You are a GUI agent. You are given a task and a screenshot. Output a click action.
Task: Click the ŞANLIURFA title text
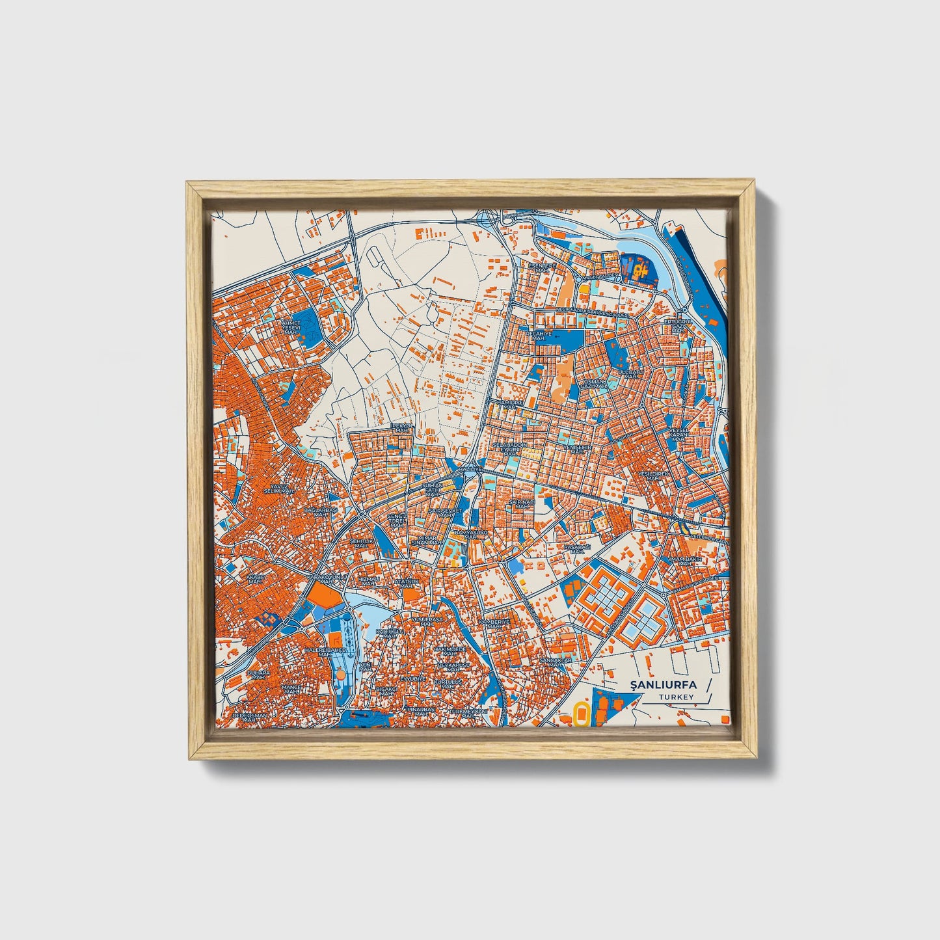pyautogui.click(x=663, y=684)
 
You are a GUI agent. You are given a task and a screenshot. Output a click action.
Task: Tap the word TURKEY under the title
pyautogui.click(x=676, y=697)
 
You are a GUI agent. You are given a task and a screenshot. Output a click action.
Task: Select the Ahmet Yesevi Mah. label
pyautogui.click(x=290, y=327)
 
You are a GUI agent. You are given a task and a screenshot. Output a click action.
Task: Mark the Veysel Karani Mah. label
pyautogui.click(x=678, y=433)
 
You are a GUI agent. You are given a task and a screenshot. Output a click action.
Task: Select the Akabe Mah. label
pyautogui.click(x=253, y=578)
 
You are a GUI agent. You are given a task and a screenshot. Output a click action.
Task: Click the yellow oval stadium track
pyautogui.click(x=581, y=715)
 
